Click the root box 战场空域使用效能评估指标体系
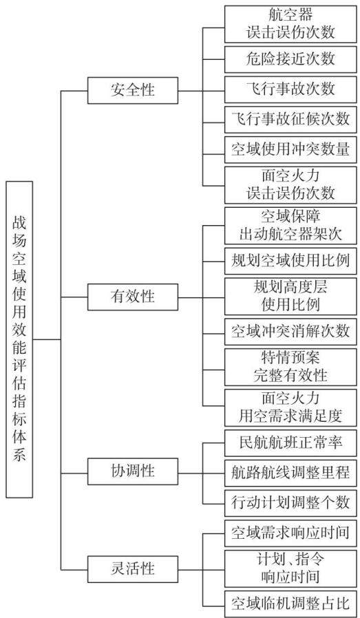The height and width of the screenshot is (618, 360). click(19, 339)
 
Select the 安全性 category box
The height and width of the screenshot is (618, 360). click(132, 91)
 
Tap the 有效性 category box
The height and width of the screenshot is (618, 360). click(132, 297)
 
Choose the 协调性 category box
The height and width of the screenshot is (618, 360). click(132, 471)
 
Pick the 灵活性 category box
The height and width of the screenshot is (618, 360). click(132, 569)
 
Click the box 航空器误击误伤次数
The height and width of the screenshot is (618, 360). click(290, 24)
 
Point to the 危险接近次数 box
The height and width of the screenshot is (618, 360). click(290, 59)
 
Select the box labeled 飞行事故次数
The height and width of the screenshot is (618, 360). click(290, 89)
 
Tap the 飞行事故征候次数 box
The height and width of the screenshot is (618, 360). click(290, 120)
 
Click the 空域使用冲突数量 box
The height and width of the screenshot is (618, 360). click(290, 150)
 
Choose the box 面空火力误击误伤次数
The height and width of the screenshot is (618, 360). click(290, 185)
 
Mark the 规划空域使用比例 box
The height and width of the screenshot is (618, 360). click(290, 261)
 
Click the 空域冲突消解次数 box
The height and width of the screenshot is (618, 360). click(290, 331)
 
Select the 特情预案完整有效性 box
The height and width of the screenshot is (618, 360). click(290, 367)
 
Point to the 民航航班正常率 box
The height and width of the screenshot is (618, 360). click(290, 443)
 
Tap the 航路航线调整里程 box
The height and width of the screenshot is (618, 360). click(290, 473)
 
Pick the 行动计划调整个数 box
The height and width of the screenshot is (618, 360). click(290, 503)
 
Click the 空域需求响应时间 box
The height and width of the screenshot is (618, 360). click(290, 533)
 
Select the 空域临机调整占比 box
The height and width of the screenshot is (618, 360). click(290, 604)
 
